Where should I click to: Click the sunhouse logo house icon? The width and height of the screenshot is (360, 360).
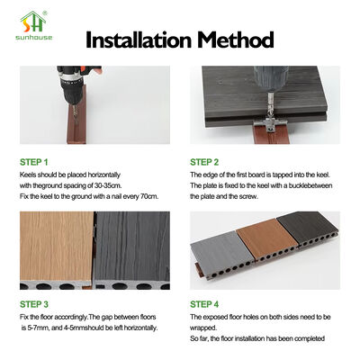coord(33,22)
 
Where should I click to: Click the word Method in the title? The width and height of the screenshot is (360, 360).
coord(236,40)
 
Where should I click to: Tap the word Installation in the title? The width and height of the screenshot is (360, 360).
coord(139,40)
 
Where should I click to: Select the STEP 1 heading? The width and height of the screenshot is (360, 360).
coord(34,162)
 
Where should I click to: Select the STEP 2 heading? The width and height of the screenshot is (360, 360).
coord(204,162)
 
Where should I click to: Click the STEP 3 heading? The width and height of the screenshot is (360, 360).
coord(34,304)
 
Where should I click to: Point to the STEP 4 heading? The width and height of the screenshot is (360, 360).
coord(204,304)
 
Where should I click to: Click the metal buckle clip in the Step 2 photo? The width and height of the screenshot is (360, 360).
coord(265,124)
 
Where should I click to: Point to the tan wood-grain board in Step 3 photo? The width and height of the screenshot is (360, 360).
coord(57,247)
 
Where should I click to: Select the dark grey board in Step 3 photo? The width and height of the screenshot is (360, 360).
coord(132,247)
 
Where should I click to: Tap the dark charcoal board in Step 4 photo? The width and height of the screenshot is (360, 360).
coord(309,227)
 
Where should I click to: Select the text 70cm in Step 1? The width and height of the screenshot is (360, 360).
coord(149,196)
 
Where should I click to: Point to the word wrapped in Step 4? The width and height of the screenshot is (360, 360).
coord(202,328)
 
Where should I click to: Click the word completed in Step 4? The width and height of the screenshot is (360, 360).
coord(310,338)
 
